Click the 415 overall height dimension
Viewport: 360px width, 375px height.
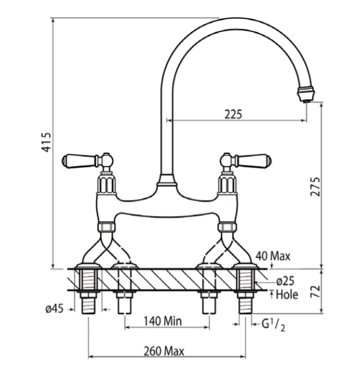point(47,142)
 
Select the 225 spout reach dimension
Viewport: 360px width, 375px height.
point(233,114)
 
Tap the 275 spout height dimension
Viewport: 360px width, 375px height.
point(315,187)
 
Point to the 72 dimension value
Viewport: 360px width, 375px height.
point(315,291)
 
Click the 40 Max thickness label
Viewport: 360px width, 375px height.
point(273,256)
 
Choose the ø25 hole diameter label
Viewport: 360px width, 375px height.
point(285,281)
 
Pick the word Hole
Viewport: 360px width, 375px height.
point(287,295)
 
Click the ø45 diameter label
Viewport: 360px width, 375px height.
point(55,309)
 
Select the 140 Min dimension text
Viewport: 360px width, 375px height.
point(162,321)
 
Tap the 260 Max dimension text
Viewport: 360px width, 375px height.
point(164,351)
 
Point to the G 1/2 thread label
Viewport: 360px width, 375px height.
point(273,325)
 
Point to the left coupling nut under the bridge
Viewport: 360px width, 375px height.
point(106,227)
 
